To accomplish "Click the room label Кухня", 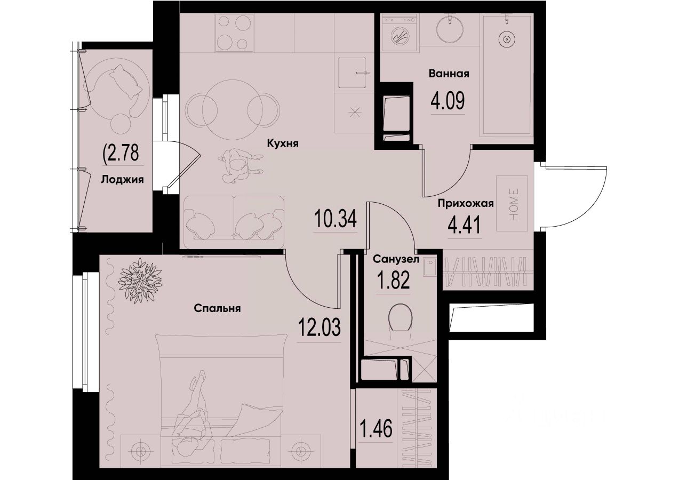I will click(x=282, y=143).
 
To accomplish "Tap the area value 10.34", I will click(x=335, y=219).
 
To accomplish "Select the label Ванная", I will click(x=449, y=74).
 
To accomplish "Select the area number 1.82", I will click(x=393, y=280).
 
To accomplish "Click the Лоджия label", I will click(x=122, y=180).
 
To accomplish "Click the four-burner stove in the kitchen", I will click(x=234, y=32).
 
